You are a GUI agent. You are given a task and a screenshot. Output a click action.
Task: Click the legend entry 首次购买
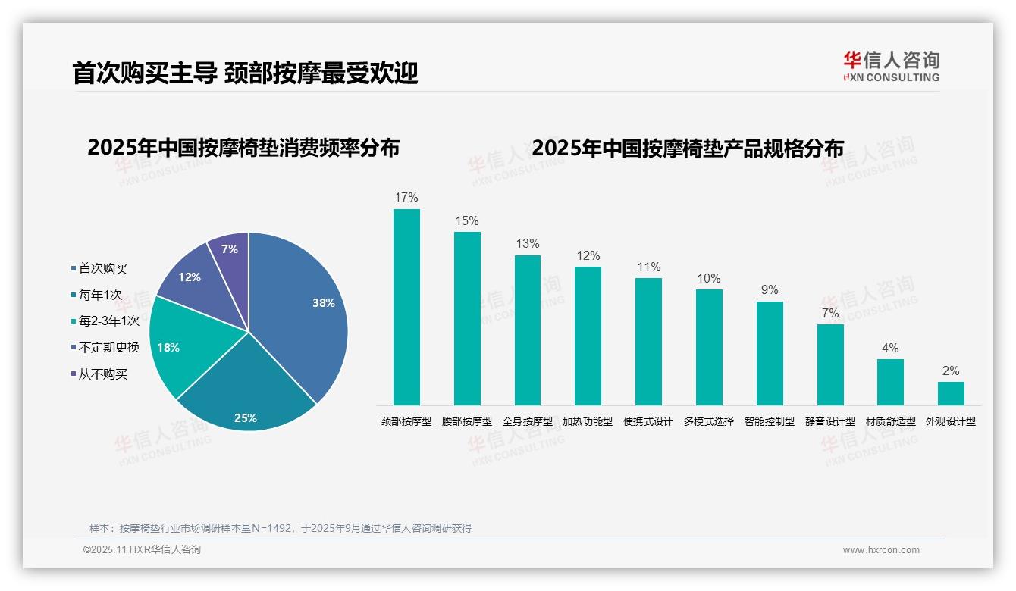pos(103,268)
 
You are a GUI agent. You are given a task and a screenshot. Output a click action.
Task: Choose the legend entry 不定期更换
pos(109,348)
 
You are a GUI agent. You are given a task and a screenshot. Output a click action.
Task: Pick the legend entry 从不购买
pos(103,374)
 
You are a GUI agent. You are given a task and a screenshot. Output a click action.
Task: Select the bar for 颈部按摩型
pos(406,307)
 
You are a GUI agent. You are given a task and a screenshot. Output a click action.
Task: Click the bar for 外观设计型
pos(951,393)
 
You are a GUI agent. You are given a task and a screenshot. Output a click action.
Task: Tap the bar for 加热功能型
pos(588,336)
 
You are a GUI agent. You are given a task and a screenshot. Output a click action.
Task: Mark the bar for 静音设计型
pos(830,364)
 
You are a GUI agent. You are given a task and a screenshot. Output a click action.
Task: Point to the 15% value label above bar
pos(467,221)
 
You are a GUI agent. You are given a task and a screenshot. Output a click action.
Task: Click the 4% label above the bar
pos(890,349)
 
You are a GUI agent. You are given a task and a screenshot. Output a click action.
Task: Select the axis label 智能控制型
pos(770,422)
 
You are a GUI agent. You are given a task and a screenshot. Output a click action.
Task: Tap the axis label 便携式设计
pos(648,422)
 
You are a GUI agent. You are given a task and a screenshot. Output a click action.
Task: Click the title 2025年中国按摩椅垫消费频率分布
pos(243,148)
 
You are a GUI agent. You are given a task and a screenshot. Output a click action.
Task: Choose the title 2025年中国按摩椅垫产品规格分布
pos(688,149)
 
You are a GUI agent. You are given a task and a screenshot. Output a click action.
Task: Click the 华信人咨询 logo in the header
pos(891,66)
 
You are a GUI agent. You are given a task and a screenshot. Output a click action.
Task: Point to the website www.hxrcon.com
pos(881,550)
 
